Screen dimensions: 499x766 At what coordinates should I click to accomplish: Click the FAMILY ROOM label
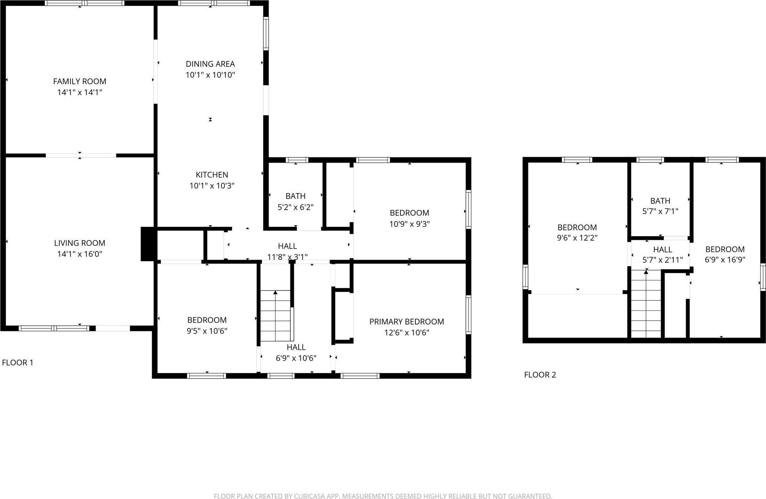80,82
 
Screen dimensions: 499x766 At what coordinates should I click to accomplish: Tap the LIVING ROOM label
80,243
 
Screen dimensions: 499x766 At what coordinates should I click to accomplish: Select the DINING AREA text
210,64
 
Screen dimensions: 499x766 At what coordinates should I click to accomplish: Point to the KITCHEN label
212,175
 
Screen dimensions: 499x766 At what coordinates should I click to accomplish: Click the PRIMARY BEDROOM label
406,322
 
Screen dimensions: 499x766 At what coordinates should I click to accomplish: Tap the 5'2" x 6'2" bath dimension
295,207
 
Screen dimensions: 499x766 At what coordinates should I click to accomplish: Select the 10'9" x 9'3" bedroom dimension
409,224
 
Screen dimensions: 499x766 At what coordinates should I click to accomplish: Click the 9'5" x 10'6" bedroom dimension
207,331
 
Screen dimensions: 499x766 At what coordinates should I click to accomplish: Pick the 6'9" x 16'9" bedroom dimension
725,260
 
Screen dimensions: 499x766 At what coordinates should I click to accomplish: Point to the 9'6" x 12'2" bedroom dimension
577,238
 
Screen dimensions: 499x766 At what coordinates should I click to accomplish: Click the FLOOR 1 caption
18,362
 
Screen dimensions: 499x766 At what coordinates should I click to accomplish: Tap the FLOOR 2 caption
540,375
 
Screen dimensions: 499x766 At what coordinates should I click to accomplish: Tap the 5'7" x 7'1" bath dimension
660,211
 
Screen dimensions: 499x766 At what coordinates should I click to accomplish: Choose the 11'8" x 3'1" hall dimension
287,257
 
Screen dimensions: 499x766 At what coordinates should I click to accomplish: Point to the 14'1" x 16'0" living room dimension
80,254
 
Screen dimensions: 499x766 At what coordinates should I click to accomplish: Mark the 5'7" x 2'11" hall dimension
663,260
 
